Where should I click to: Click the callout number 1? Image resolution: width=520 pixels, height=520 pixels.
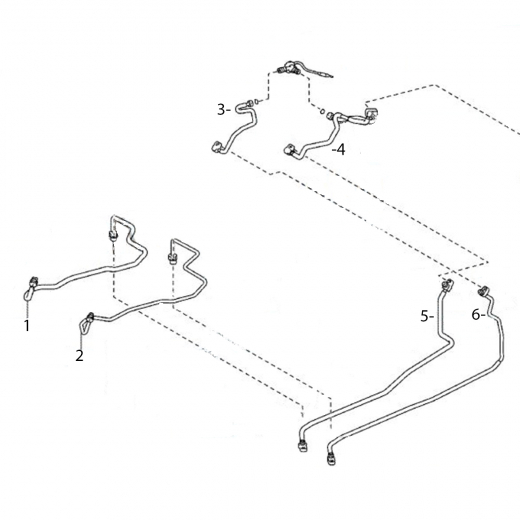[27, 326]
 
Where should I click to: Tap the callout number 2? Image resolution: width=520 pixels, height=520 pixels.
[79, 356]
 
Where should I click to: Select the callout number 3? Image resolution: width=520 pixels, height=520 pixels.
[222, 110]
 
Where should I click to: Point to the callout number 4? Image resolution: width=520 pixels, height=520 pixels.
[340, 150]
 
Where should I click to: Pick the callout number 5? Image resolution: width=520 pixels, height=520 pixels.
[426, 316]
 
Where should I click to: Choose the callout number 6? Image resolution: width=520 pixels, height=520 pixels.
[477, 314]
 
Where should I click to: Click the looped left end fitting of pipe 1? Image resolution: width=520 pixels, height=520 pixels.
[28, 295]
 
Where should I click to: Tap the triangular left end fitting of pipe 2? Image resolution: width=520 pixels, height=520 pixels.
[85, 325]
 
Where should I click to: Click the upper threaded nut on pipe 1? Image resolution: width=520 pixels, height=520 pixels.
[113, 235]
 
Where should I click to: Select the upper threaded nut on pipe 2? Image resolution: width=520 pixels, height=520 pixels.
[172, 258]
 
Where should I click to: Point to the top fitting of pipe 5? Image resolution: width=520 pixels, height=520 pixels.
[447, 284]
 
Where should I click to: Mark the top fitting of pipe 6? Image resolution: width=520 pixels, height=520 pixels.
[483, 291]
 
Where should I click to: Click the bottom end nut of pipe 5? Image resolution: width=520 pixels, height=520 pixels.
[302, 446]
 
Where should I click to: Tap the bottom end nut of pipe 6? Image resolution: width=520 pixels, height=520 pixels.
[330, 459]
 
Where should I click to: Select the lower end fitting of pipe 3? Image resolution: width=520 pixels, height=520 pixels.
[218, 147]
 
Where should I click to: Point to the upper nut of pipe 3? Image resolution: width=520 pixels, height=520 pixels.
[249, 103]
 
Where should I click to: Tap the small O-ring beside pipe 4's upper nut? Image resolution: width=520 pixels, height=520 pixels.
[322, 111]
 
